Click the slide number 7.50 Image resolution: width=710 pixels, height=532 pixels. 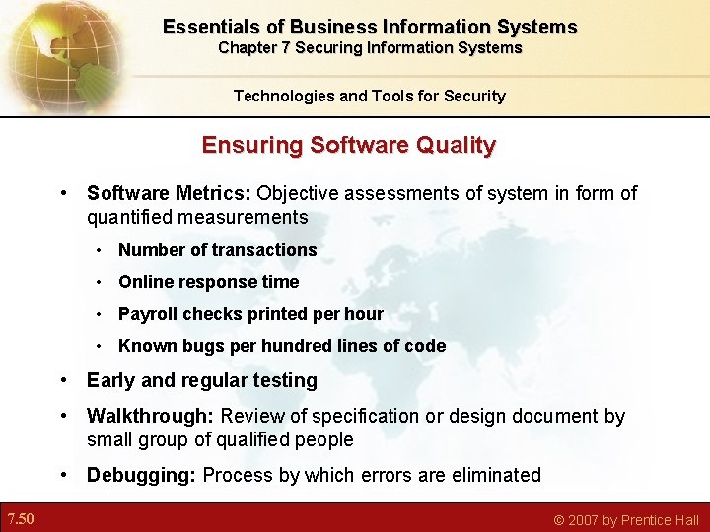pos(21,519)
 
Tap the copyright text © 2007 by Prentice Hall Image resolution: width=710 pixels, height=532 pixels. pos(626,520)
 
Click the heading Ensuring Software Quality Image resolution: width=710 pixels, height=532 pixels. pos(348,145)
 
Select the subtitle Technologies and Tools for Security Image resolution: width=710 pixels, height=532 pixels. pos(369,96)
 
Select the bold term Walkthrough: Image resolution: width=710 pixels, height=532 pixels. pos(148,416)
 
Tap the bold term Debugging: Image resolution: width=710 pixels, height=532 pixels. pos(142,475)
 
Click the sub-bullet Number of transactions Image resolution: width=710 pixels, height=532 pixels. pos(217,250)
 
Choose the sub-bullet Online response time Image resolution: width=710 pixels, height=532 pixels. pos(208,282)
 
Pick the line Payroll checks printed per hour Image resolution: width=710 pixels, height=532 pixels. pos(250,314)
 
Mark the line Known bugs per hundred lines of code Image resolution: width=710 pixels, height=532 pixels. pos(282,346)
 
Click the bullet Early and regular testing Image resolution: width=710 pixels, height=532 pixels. pos(201,380)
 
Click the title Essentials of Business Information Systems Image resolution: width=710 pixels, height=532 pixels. pos(370,27)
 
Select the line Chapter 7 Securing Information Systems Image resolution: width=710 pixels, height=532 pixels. pos(370,48)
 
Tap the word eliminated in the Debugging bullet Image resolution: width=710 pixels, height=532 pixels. pos(492,475)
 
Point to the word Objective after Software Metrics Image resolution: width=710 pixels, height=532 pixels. pos(299,193)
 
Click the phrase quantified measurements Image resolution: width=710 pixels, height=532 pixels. pos(197,217)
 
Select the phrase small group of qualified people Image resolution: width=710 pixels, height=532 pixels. pos(220,439)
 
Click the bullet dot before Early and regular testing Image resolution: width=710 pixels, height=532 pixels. pos(64,380)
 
